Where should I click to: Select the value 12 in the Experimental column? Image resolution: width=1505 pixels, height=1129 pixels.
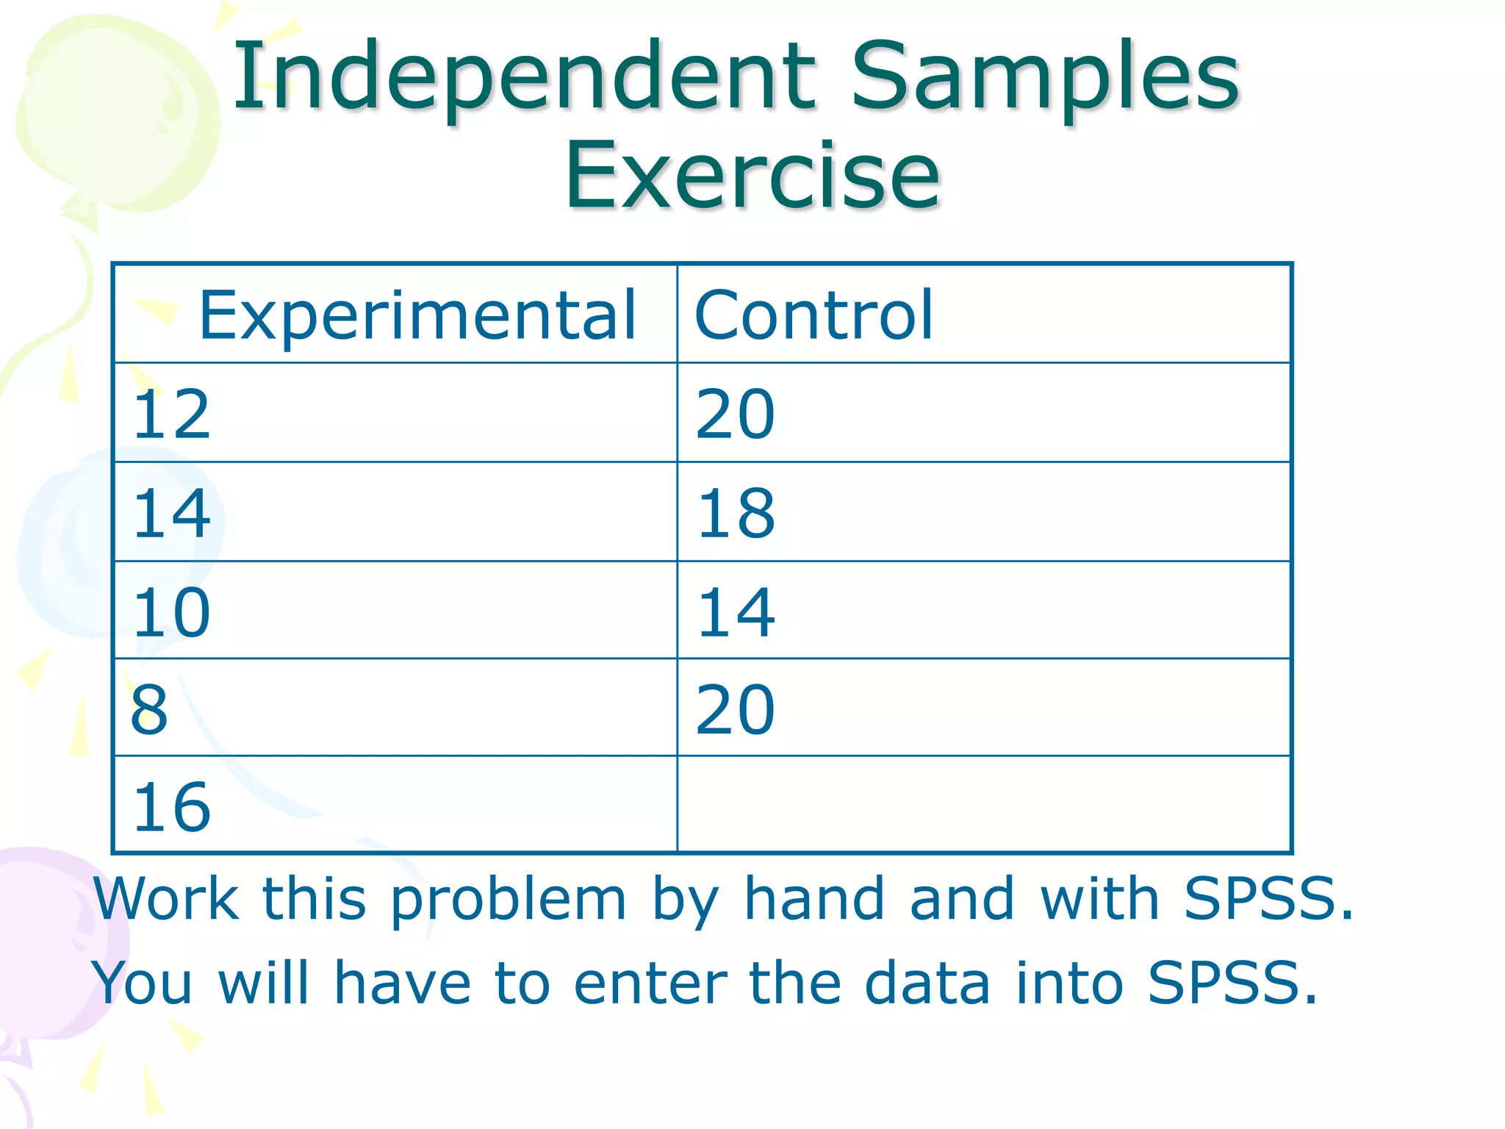click(172, 415)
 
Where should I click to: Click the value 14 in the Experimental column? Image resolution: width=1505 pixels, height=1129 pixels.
click(172, 513)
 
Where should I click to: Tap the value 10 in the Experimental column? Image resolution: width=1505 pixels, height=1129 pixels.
click(172, 612)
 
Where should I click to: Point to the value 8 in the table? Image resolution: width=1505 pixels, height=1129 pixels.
click(149, 709)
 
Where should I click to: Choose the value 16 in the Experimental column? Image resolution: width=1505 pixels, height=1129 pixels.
click(172, 807)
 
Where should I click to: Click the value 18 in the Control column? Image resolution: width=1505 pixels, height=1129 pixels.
click(736, 513)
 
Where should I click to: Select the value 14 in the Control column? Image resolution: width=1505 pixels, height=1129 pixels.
click(736, 612)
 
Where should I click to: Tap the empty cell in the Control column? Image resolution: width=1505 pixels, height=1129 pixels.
click(983, 805)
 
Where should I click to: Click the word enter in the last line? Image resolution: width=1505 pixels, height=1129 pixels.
click(650, 983)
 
